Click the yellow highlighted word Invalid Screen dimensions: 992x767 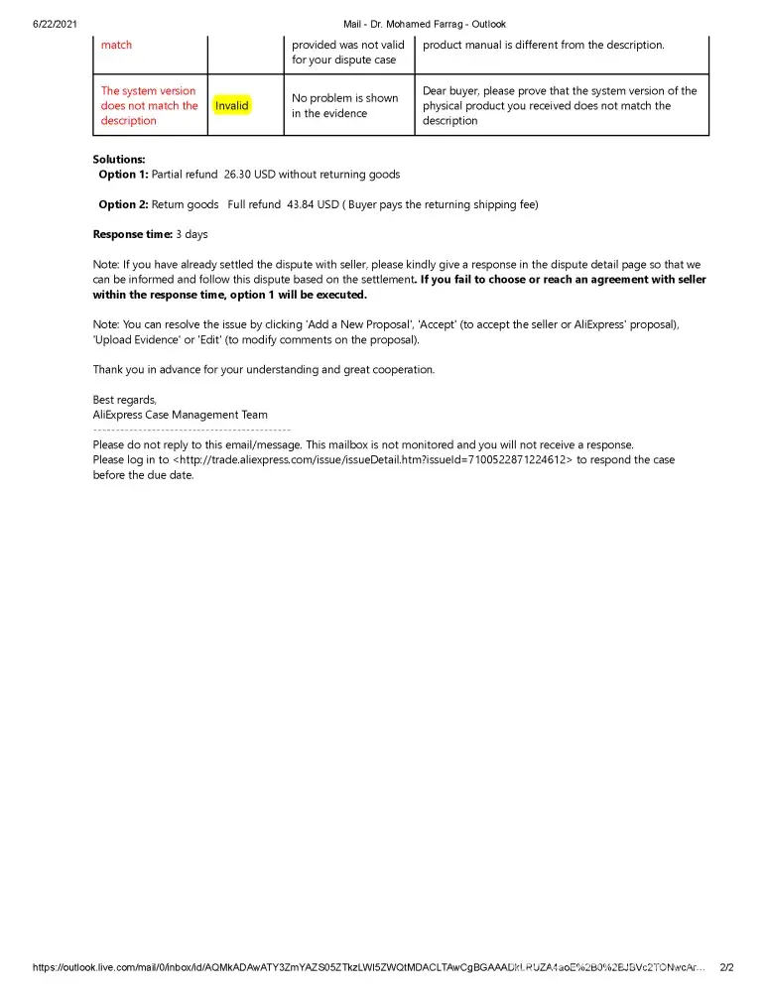click(x=232, y=105)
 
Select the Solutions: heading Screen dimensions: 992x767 click(x=119, y=159)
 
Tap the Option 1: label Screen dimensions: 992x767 click(x=123, y=175)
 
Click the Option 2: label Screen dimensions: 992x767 click(x=123, y=204)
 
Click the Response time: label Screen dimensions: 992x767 click(x=132, y=235)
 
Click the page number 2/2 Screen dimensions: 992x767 click(x=726, y=967)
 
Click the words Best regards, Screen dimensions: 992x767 click(x=125, y=400)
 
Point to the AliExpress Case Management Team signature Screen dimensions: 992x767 click(x=180, y=415)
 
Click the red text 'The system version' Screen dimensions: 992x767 click(x=149, y=91)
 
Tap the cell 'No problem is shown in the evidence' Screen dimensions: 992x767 click(x=344, y=105)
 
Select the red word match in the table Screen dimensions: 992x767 click(x=116, y=45)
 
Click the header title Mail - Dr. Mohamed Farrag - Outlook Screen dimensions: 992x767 click(x=424, y=24)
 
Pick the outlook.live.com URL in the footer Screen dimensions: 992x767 click(x=368, y=967)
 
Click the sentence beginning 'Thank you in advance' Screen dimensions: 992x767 click(x=263, y=369)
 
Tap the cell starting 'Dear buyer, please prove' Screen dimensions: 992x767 click(x=560, y=105)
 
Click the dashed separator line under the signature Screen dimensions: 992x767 click(x=192, y=429)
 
